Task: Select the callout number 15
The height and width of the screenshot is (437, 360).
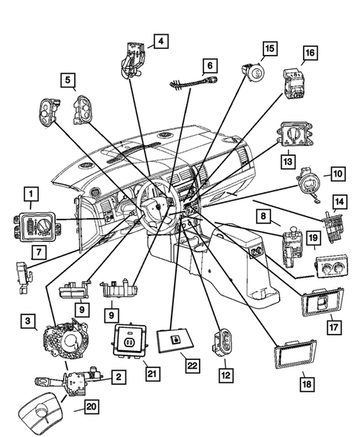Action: click(x=269, y=48)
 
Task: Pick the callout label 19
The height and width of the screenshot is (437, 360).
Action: click(x=313, y=238)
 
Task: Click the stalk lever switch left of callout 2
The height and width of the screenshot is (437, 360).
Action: click(x=67, y=384)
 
